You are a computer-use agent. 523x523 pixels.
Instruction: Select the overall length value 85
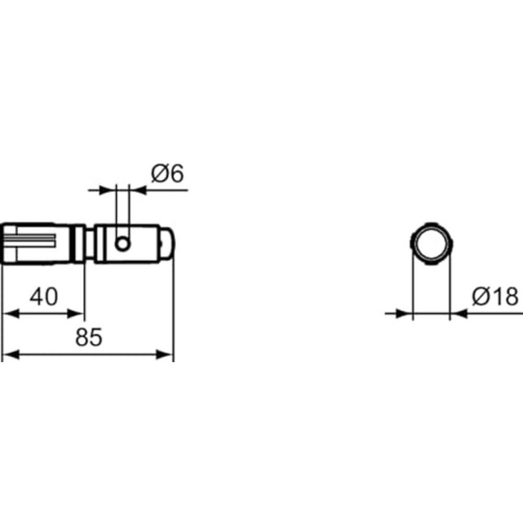[x=88, y=337]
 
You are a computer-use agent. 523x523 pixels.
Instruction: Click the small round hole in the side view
[x=122, y=244]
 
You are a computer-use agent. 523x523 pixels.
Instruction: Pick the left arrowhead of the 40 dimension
[x=9, y=314]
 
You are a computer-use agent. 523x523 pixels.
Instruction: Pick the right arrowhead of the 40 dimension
[x=78, y=314]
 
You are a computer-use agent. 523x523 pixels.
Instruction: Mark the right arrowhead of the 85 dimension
[x=166, y=355]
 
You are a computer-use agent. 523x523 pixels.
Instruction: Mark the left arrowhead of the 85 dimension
[x=9, y=355]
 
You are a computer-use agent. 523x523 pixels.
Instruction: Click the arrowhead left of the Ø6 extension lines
[x=109, y=190]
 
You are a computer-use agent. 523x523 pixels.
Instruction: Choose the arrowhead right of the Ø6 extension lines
[x=137, y=190]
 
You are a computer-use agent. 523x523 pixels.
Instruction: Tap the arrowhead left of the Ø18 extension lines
[x=406, y=314]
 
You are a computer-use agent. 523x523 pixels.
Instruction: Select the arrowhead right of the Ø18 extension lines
[x=458, y=314]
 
